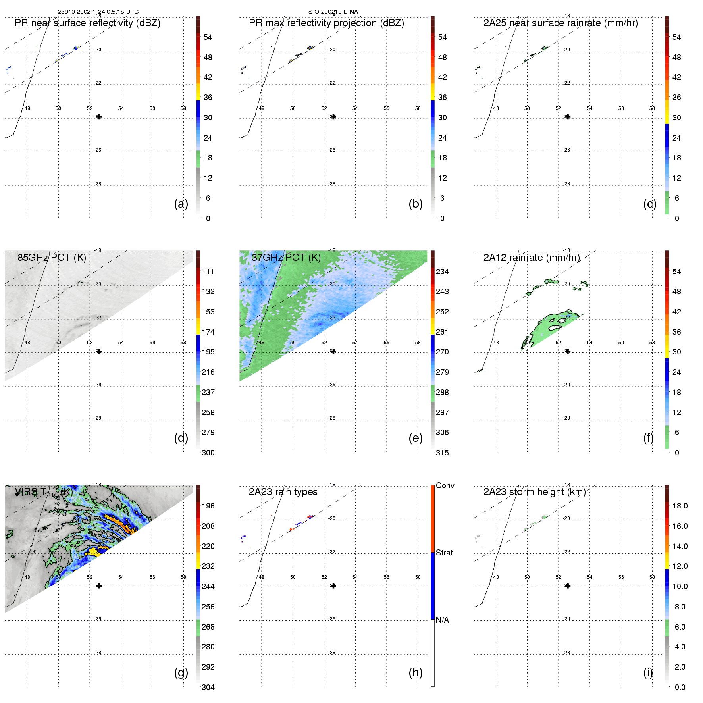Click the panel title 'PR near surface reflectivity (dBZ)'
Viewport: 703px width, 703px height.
(x=87, y=23)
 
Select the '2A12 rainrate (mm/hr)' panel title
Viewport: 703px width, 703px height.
(x=531, y=258)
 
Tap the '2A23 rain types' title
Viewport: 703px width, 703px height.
(x=283, y=492)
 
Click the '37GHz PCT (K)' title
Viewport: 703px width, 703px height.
(x=286, y=258)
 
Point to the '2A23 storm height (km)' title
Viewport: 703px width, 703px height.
(x=534, y=492)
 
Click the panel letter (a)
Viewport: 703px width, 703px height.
(x=181, y=204)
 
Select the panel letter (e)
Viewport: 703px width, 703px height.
(x=416, y=438)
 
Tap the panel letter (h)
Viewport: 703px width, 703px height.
(x=416, y=672)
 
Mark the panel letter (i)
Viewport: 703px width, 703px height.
(x=648, y=672)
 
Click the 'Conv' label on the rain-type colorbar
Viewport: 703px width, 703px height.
(x=445, y=485)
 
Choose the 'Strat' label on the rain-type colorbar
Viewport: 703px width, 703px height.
(x=444, y=553)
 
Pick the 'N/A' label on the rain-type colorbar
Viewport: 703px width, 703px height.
(x=442, y=620)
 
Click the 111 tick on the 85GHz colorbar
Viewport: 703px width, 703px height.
(x=208, y=272)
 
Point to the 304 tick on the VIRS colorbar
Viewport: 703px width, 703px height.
(x=208, y=687)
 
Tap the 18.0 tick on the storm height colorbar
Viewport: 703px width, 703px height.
(x=680, y=506)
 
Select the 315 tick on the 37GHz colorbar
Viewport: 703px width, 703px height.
(x=442, y=453)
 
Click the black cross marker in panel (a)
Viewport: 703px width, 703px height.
(x=99, y=117)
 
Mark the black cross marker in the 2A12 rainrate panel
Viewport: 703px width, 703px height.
(x=568, y=351)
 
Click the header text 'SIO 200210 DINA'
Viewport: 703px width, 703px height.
(x=333, y=12)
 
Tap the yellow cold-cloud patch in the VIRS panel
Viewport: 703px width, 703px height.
(x=93, y=551)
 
